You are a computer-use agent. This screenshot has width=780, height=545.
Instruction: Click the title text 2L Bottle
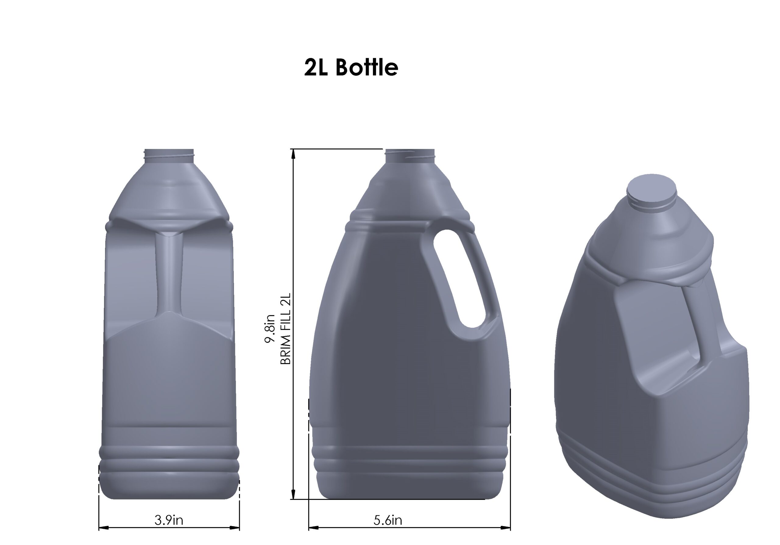[351, 68]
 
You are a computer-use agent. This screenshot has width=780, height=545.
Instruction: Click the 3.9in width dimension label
[168, 520]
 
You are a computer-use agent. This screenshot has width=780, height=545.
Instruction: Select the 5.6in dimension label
[388, 520]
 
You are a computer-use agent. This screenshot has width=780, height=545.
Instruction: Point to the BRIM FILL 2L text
[285, 329]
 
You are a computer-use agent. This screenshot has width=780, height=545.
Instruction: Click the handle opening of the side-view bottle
[459, 278]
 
